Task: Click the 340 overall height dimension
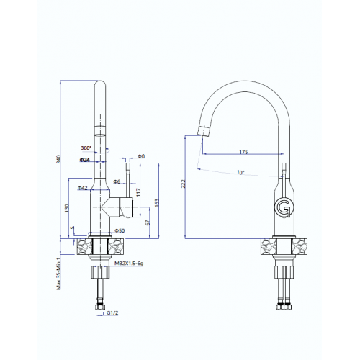[x=58, y=159]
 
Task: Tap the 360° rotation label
[x=86, y=148]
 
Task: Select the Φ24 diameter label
[x=84, y=160]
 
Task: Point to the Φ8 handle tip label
[x=141, y=156]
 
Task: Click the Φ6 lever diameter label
[x=117, y=181]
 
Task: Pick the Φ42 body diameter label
[x=83, y=188]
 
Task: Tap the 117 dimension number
[x=138, y=192]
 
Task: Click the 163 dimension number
[x=157, y=203]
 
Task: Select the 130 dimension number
[x=67, y=208]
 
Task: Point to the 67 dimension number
[x=148, y=222]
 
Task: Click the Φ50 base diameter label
[x=120, y=230]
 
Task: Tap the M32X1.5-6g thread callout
[x=129, y=264]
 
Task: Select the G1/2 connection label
[x=112, y=313]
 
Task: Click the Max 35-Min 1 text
[x=58, y=274]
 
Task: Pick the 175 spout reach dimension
[x=243, y=152]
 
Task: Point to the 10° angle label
[x=240, y=172]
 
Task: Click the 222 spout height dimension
[x=184, y=184]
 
